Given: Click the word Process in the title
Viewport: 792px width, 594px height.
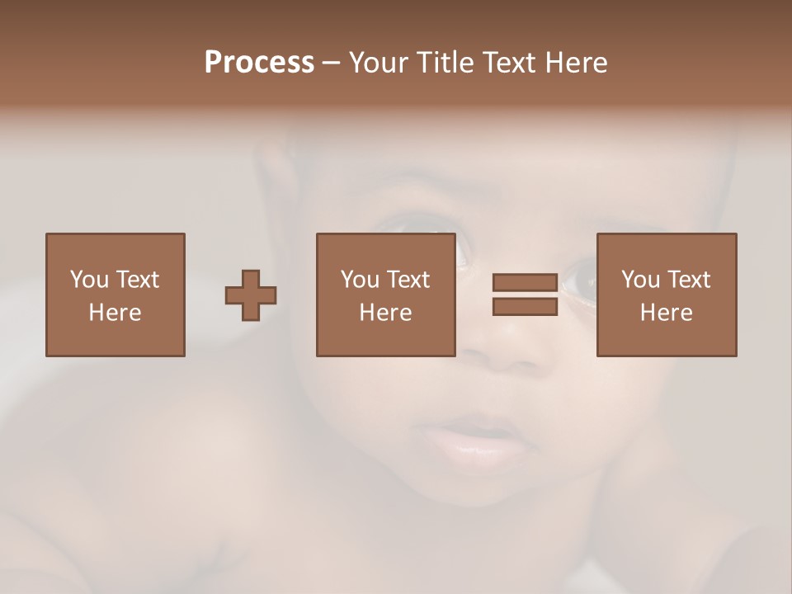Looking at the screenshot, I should point(259,62).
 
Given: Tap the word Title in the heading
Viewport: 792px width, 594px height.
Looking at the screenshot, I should point(445,62).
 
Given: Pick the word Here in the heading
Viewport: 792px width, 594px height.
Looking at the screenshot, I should point(578,62).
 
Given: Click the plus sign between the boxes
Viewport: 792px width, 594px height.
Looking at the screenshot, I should point(251,295).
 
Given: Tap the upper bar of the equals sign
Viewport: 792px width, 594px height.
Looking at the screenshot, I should point(525,282).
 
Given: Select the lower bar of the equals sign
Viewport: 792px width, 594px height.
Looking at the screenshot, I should point(525,307).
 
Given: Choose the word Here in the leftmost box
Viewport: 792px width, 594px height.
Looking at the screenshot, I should point(115,313).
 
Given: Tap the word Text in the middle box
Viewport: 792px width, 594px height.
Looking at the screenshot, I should point(408,280).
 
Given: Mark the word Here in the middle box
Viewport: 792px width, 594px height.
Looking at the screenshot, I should point(385,313).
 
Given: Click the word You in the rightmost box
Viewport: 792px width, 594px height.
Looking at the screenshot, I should point(641,280).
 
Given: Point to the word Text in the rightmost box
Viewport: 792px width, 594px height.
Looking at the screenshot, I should point(689,280).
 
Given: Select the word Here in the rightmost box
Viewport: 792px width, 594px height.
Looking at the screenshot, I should point(666,313).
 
